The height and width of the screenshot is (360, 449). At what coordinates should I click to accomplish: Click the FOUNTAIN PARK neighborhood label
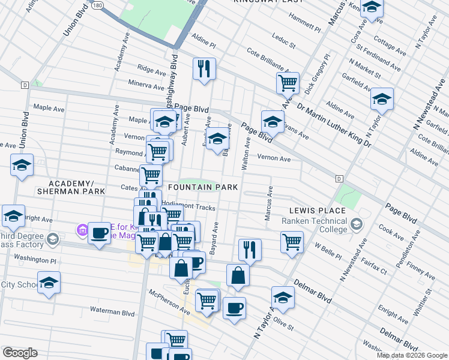coord(203,188)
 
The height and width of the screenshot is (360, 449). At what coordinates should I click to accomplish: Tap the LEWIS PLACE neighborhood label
coord(317,211)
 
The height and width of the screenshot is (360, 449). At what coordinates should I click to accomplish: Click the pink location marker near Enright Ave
coord(82,229)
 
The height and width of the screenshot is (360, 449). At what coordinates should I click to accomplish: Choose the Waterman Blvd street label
coord(112,313)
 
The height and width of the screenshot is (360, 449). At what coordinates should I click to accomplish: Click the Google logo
coord(20,353)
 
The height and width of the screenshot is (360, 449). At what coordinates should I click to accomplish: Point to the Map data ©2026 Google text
coord(412,355)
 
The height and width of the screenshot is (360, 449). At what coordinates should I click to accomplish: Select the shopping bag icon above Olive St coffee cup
coord(238,275)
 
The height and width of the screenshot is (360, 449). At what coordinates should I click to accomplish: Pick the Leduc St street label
coord(285,42)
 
